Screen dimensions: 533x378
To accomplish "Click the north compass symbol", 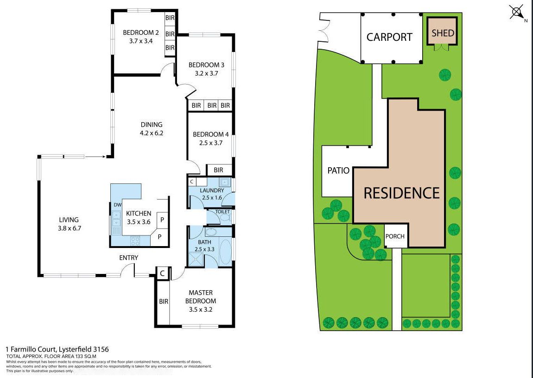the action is point(517,13).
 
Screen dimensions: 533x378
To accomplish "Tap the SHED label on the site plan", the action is point(443,33).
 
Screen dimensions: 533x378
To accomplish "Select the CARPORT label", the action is point(389,37).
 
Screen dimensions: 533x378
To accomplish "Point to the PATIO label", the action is point(338,170).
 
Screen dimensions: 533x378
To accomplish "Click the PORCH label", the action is point(394,236).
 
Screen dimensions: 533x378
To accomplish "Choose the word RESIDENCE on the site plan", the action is point(401,193).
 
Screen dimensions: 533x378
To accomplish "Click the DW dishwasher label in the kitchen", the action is point(118,205).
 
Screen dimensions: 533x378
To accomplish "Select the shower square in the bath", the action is point(196,260).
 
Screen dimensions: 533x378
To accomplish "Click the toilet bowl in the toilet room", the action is point(225,218).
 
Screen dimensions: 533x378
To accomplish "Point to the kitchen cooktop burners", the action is point(135,241).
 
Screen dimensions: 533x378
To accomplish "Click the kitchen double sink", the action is point(116,219).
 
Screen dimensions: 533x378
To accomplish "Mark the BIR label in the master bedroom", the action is point(164,301).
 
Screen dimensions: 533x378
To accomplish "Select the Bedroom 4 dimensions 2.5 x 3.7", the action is point(211,143).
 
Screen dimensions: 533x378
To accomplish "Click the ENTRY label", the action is point(128,258).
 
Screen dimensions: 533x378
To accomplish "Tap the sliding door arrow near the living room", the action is point(95,156).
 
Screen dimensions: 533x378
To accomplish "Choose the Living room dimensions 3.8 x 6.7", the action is point(70,228).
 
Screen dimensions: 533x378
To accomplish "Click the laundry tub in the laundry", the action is point(225,182).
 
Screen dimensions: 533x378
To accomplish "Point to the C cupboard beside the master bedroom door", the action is point(162,273).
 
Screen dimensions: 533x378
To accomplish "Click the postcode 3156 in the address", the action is point(102,349).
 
